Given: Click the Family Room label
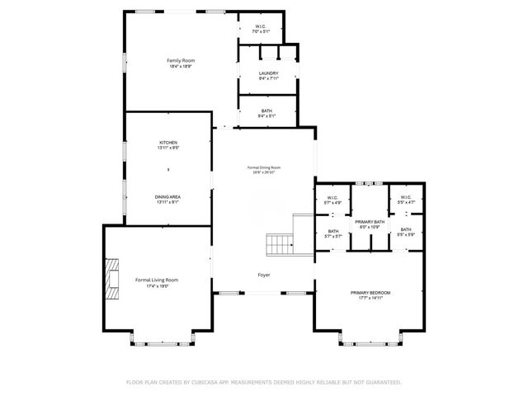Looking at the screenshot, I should pos(179,61).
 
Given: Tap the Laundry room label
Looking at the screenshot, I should pos(268,73).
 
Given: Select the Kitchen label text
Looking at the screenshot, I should pos(168,143).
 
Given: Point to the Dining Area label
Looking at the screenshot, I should pos(168,196).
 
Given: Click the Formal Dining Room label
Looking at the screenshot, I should pos(264,167).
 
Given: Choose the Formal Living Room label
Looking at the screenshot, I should pos(157,280).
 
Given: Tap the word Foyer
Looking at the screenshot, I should pos(264,275).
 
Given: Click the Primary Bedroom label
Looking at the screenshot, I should pos(370,293).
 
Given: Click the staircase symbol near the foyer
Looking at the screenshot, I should pos(279,245).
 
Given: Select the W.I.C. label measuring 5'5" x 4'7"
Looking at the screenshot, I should pos(406,197).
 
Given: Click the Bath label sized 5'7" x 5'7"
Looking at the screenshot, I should pos(333,231).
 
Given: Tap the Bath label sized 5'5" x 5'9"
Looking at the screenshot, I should pos(406,229).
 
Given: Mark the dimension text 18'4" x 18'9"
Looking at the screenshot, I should pos(179,67).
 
